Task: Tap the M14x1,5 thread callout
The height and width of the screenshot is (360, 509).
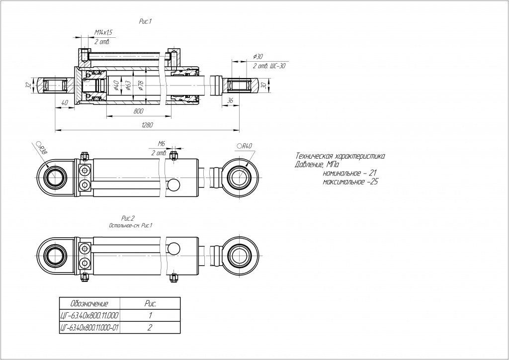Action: [103, 32]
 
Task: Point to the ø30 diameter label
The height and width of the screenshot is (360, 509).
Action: [257, 57]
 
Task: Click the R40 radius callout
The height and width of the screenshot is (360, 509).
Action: [246, 146]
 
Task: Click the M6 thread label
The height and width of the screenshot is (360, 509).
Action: [161, 143]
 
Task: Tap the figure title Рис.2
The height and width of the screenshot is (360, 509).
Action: [129, 218]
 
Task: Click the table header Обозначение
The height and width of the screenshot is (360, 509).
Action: [89, 303]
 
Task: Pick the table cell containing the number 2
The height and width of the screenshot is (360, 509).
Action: [150, 328]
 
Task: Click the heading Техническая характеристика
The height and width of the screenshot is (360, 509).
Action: [339, 156]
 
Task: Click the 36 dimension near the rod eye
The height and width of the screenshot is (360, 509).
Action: [230, 100]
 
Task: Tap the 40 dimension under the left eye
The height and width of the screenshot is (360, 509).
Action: [64, 102]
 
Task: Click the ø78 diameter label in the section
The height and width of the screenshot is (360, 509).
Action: [140, 86]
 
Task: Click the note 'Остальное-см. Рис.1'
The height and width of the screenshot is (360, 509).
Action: [130, 225]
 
